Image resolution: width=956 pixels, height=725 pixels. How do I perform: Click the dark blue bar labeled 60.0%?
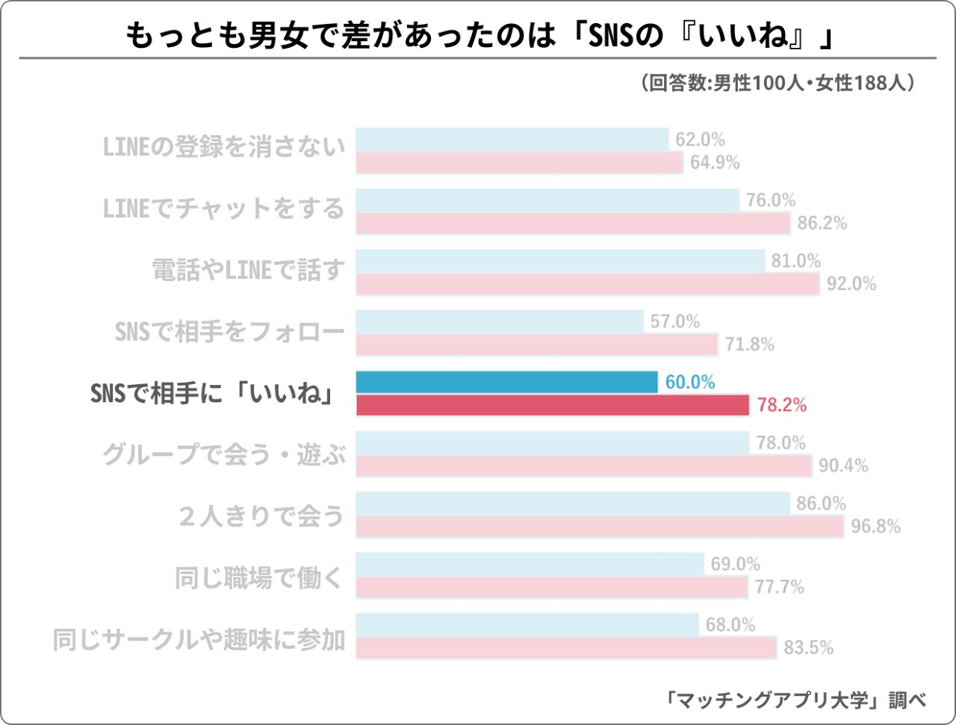(506, 382)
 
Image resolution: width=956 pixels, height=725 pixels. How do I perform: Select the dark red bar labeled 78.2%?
(552, 405)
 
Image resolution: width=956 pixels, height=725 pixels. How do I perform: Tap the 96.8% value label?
(875, 526)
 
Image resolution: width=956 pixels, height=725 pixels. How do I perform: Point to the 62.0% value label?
(700, 140)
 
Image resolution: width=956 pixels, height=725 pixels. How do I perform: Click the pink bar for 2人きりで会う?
(600, 526)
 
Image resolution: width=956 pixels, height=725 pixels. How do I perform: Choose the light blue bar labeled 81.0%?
(560, 261)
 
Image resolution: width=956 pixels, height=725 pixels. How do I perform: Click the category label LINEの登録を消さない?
(224, 147)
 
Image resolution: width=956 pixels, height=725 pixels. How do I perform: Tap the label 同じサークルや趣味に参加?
(199, 640)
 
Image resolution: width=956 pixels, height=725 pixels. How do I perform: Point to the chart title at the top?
(478, 35)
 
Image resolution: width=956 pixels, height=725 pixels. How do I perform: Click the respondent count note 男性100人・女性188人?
(777, 82)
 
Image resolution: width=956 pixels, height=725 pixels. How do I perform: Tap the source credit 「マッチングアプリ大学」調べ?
(796, 700)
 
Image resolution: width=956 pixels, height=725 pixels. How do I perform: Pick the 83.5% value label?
(808, 647)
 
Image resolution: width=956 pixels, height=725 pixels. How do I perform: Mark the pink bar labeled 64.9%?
(519, 162)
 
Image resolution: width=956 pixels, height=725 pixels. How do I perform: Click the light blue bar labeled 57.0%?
(500, 321)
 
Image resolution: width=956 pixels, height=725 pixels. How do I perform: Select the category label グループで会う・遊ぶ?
(224, 454)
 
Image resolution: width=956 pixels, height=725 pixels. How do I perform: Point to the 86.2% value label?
(822, 223)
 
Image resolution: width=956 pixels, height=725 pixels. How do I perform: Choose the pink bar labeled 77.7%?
(551, 587)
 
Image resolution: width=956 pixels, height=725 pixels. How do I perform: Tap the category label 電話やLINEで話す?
(249, 270)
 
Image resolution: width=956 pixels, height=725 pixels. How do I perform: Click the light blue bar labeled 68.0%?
(527, 624)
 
